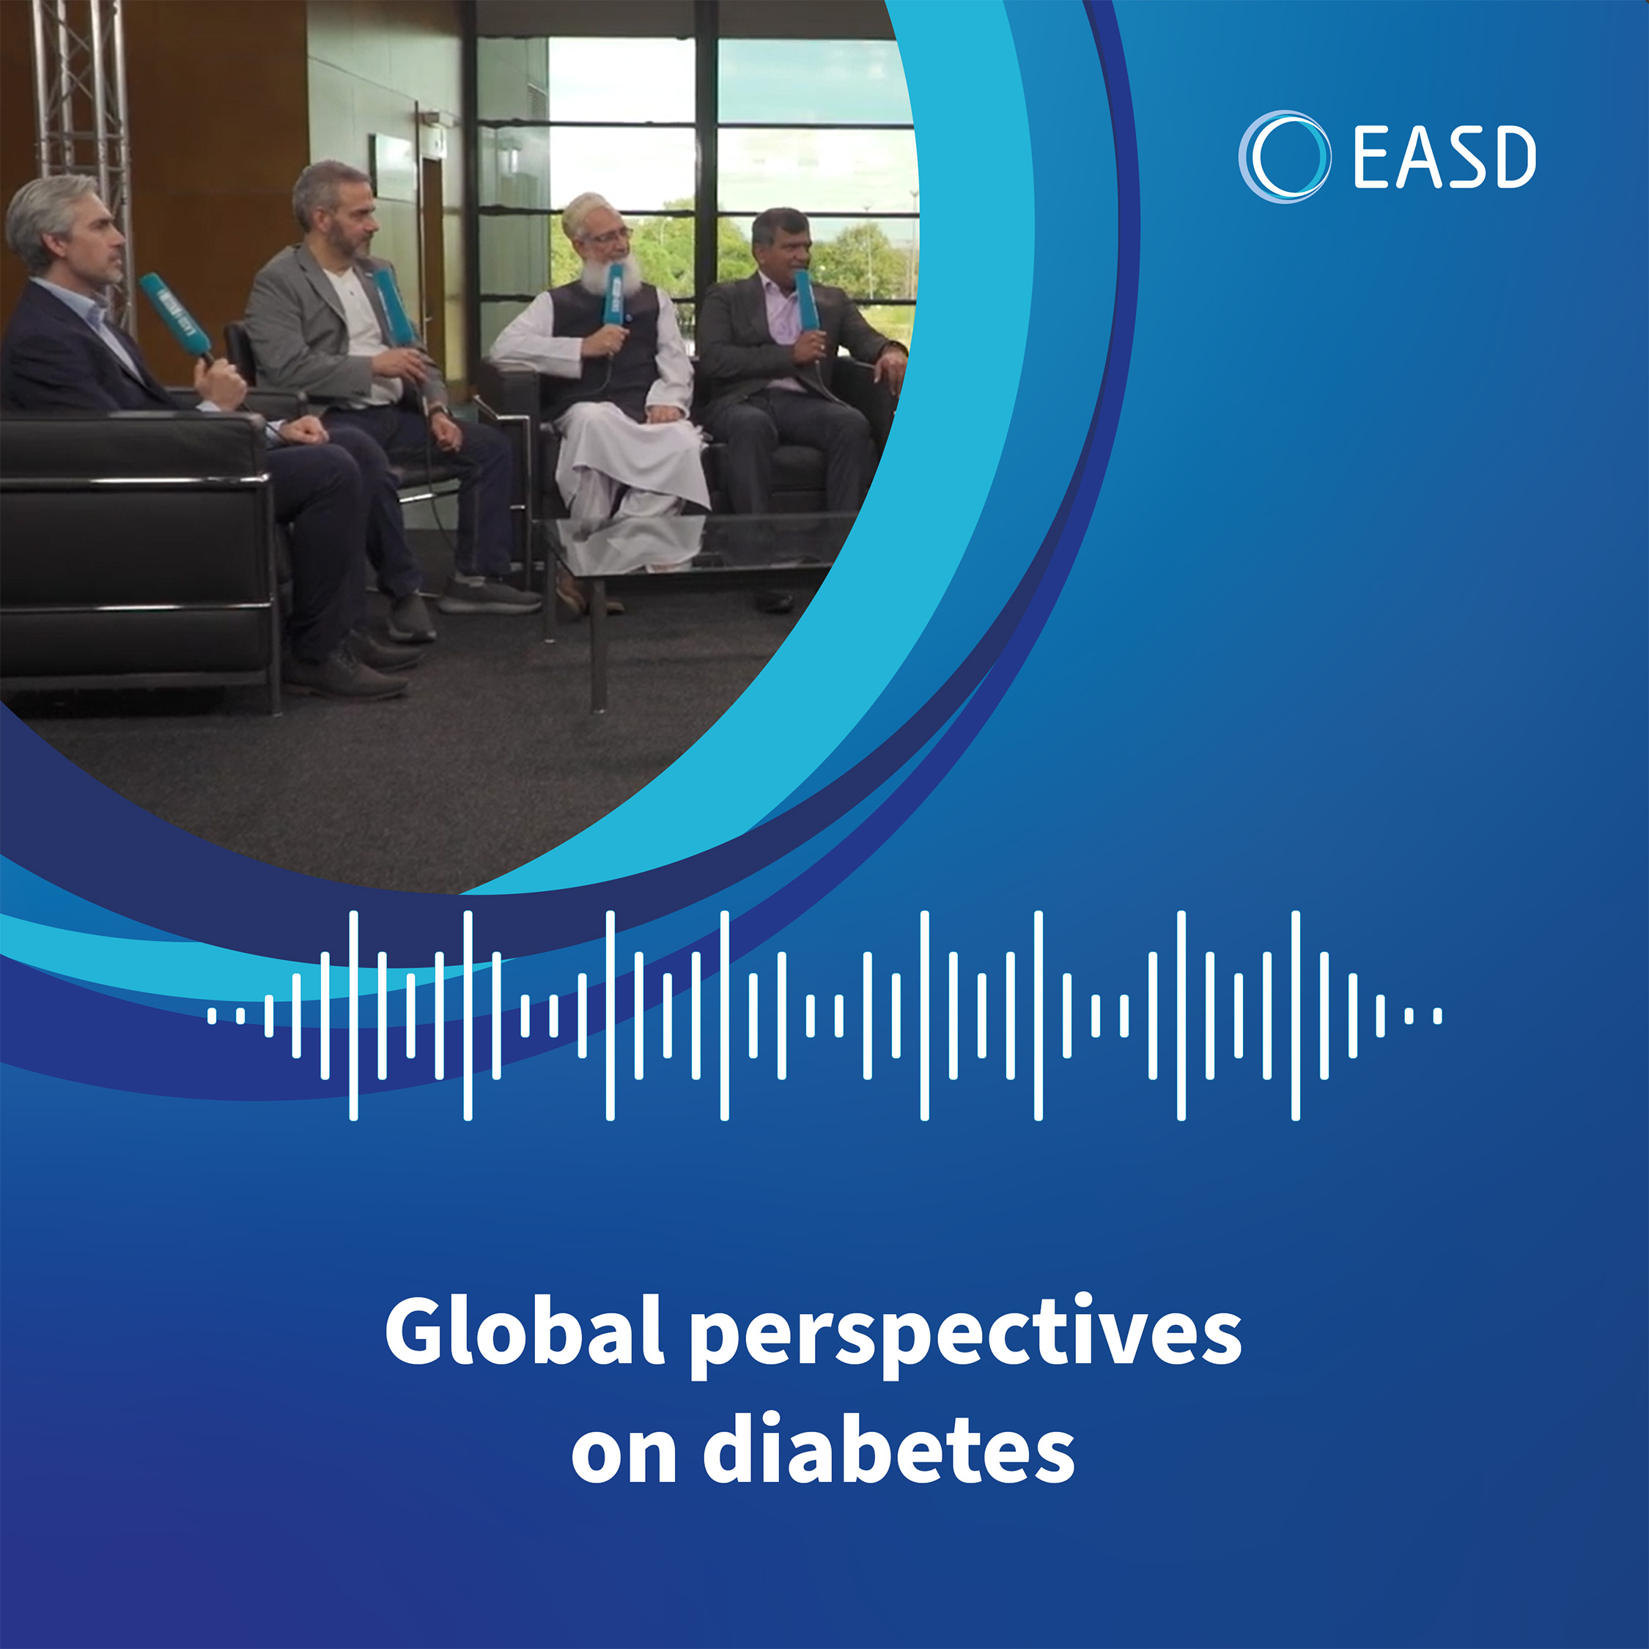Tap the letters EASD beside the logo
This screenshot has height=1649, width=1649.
1444,157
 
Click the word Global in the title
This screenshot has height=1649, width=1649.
525,1331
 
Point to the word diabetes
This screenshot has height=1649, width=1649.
888,1451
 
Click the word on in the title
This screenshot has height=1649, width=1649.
624,1461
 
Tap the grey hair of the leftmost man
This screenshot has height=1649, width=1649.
51,213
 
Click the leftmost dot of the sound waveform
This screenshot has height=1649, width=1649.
212,1015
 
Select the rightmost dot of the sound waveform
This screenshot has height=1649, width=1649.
1437,1015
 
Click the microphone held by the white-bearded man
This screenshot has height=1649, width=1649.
613,295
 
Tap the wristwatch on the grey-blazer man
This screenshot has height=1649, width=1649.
438,412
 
